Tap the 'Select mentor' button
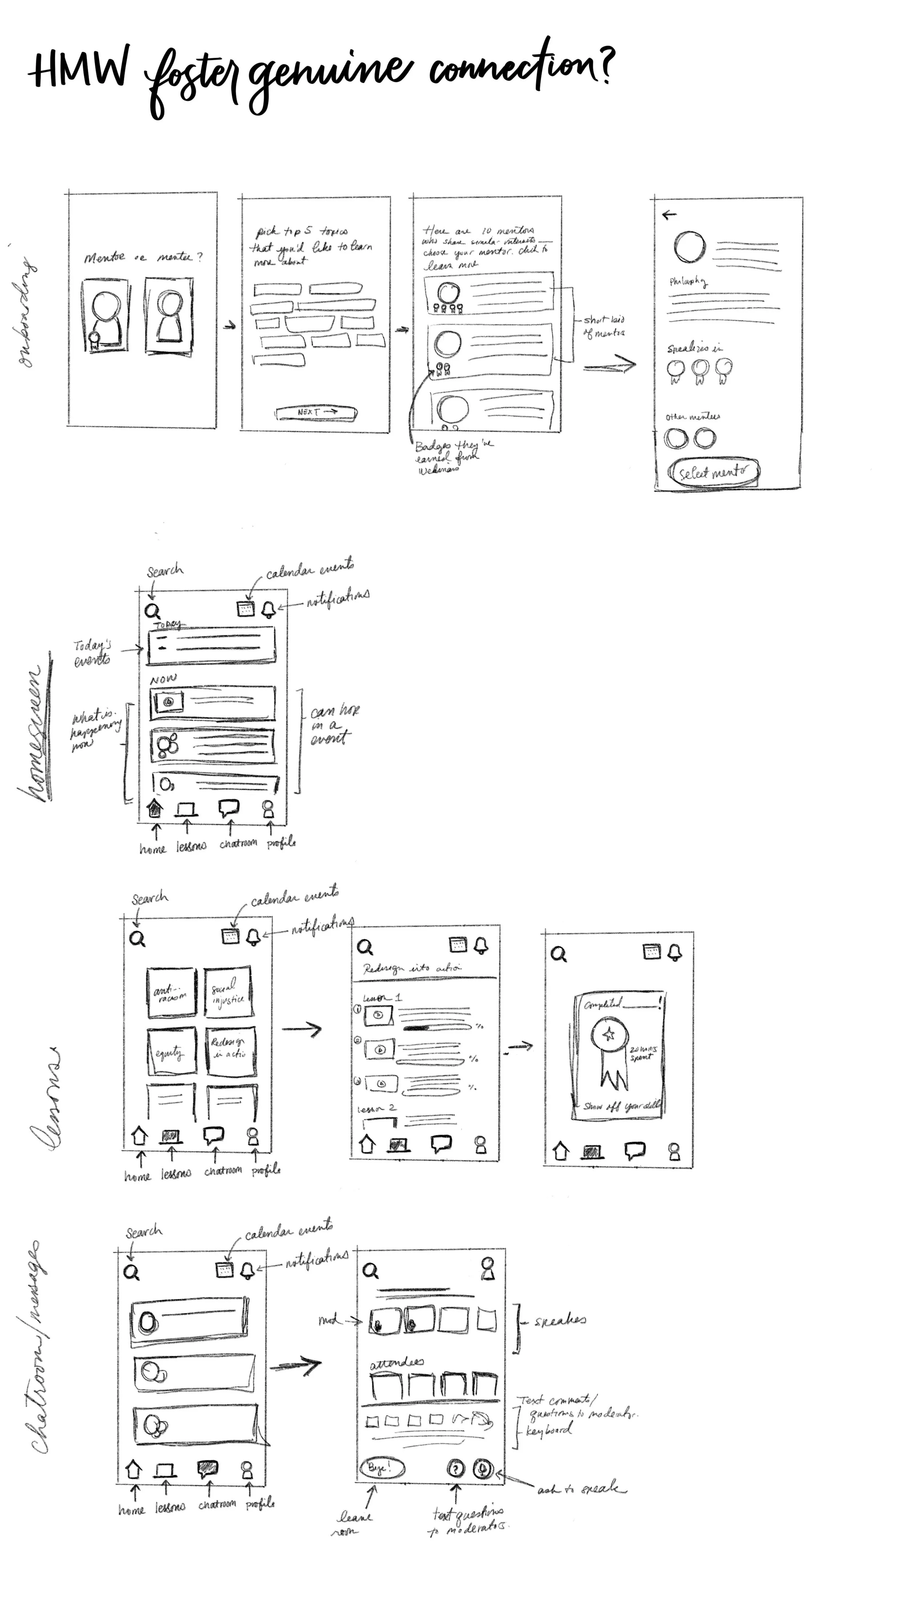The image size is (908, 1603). [713, 472]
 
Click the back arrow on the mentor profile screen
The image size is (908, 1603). [669, 215]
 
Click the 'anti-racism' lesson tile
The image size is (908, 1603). [171, 992]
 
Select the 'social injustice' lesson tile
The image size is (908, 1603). [228, 992]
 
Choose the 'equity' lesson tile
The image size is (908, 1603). [171, 1052]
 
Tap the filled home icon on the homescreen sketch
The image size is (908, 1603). [155, 809]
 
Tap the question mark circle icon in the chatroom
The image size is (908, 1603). [456, 1469]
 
